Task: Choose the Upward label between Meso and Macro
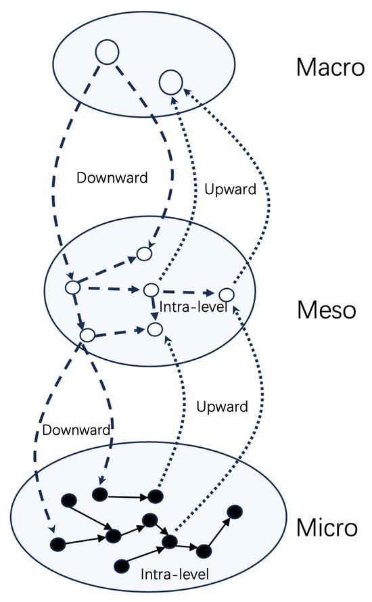(x=230, y=189)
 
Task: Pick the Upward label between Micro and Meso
(x=221, y=407)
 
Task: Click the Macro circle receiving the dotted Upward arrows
(x=169, y=83)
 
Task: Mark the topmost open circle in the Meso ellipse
(x=144, y=254)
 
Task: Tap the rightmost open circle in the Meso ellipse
(x=226, y=295)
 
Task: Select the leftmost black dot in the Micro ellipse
(x=58, y=543)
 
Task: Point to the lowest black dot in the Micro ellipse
(x=122, y=564)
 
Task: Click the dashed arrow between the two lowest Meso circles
(x=120, y=332)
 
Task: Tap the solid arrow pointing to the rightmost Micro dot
(x=218, y=532)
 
